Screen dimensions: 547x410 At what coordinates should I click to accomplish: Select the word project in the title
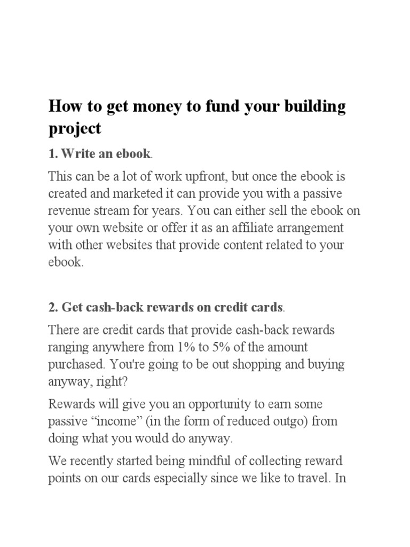74,129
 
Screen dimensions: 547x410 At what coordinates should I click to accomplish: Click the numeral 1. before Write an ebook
52,154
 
